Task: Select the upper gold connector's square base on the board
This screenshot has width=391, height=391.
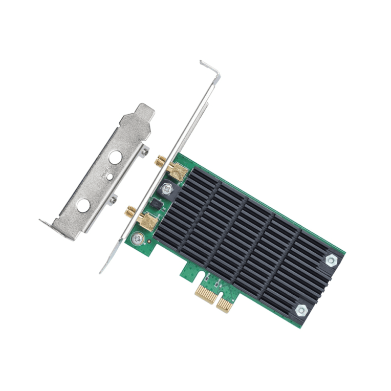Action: [x=179, y=171]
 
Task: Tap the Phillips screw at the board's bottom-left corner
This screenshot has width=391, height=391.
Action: [x=138, y=237]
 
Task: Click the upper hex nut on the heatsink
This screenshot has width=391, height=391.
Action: [x=331, y=260]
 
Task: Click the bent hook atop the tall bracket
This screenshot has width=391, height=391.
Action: [x=211, y=69]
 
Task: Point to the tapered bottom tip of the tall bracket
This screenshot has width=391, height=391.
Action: [x=102, y=269]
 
